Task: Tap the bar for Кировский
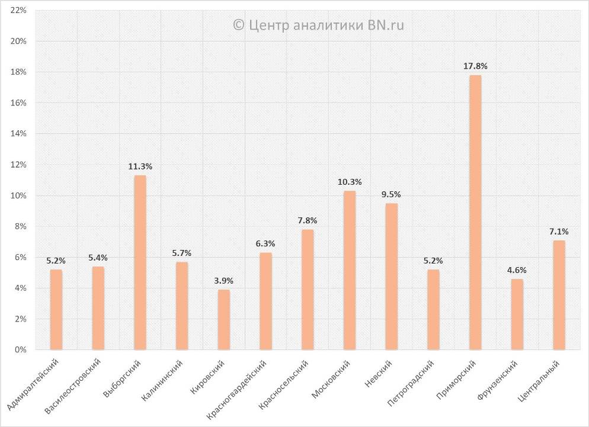tap(224, 319)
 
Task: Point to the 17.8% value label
tap(475, 66)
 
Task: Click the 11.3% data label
tap(140, 166)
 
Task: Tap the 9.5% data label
tap(392, 194)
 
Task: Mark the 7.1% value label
tap(559, 232)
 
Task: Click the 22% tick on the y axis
tap(18, 11)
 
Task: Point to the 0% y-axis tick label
tap(21, 350)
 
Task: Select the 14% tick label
tap(18, 134)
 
